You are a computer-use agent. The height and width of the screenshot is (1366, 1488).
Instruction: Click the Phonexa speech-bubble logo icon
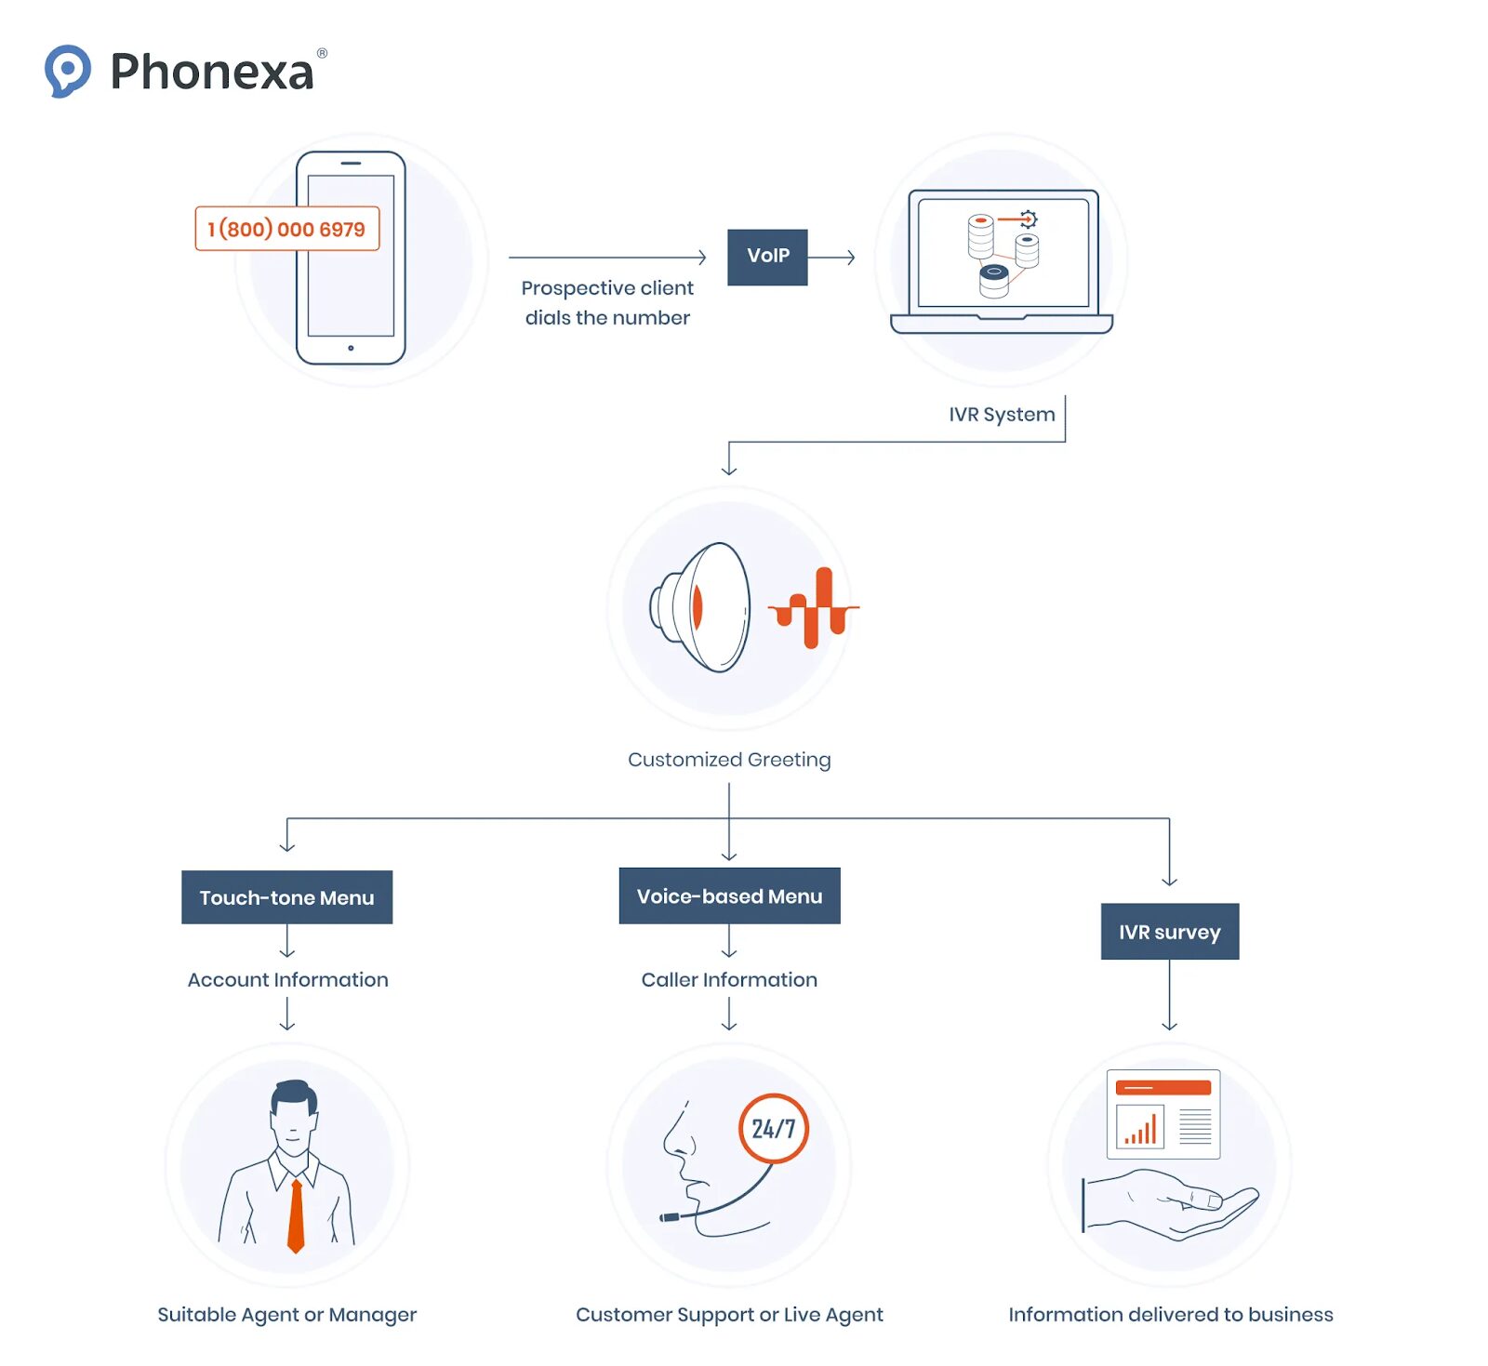click(67, 70)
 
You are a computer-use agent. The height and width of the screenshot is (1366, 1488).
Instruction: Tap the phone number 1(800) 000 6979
click(286, 229)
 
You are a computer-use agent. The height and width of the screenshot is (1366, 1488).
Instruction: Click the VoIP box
click(767, 257)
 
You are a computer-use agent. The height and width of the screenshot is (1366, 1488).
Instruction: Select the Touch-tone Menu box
click(286, 897)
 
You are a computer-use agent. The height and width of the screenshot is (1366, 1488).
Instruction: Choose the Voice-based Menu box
click(729, 895)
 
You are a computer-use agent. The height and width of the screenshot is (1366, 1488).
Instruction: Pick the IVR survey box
click(1169, 932)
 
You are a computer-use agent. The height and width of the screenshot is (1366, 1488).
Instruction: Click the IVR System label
click(1002, 415)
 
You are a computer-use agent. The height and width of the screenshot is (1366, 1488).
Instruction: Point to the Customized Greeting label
click(729, 760)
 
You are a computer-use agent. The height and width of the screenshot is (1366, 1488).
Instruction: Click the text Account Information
click(287, 980)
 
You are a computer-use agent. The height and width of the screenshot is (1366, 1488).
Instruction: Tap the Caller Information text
click(729, 980)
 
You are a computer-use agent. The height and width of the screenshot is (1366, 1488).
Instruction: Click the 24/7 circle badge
click(773, 1128)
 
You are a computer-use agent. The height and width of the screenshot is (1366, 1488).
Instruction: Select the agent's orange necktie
click(296, 1214)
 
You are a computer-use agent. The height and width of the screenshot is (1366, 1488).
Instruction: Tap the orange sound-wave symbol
click(813, 608)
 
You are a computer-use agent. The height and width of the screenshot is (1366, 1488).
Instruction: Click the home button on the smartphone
click(351, 348)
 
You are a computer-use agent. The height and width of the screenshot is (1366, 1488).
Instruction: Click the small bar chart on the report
click(1140, 1128)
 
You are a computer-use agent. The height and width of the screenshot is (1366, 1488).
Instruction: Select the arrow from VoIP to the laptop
click(831, 258)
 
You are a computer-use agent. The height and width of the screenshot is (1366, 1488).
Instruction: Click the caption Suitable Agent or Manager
click(286, 1315)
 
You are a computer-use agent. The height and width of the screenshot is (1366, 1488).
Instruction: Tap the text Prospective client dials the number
click(607, 303)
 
